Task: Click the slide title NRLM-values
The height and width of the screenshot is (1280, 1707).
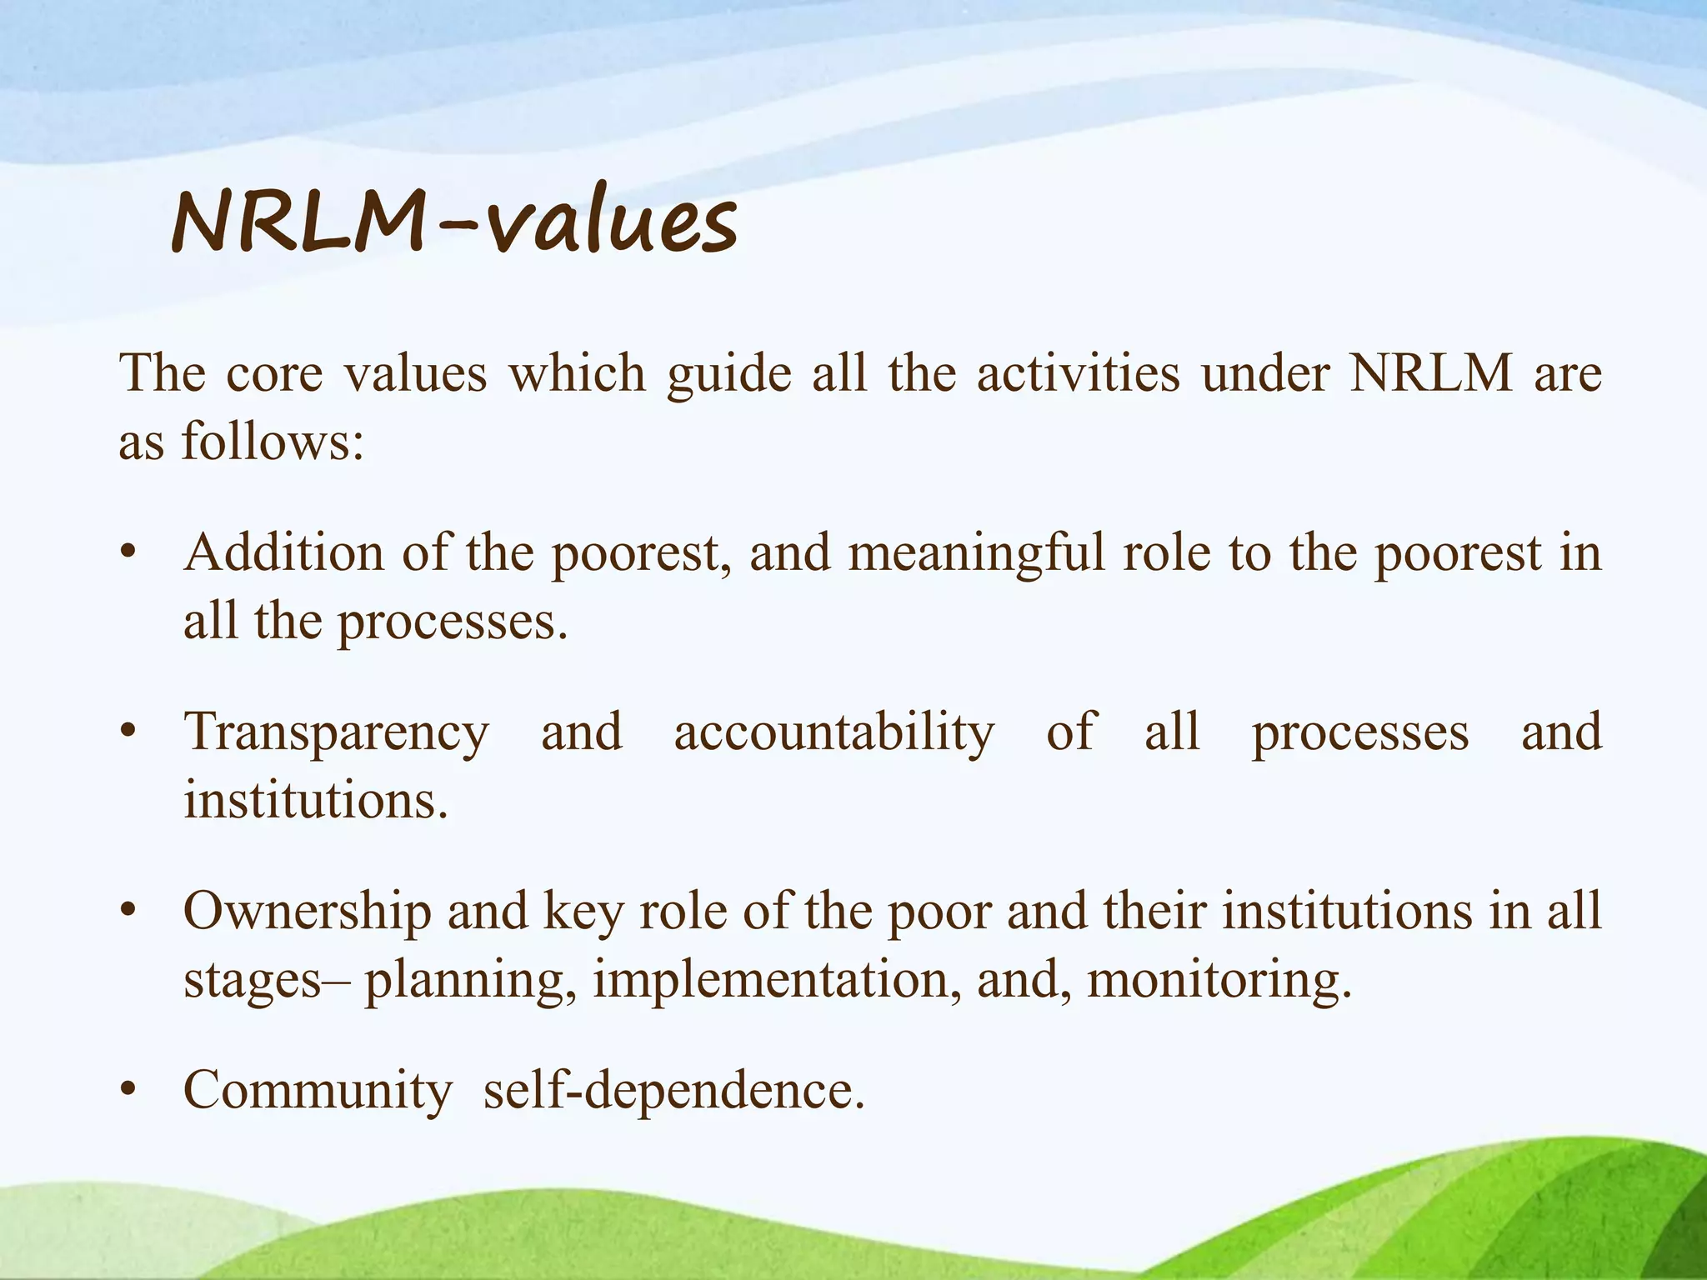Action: pos(454,223)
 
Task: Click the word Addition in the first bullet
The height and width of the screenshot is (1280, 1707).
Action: pos(283,552)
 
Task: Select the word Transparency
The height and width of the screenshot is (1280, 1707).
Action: pos(337,733)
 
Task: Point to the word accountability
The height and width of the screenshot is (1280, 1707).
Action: pos(834,733)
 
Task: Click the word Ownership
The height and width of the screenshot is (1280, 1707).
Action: pos(307,911)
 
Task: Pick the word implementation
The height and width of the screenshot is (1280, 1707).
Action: pos(772,980)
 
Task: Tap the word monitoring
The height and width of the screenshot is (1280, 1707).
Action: pos(1218,980)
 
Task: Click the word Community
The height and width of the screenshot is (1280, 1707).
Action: pos(318,1090)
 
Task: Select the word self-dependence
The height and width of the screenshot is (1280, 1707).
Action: pos(674,1090)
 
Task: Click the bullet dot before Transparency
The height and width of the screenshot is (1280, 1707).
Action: pos(128,732)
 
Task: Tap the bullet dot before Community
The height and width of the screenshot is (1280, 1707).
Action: pos(128,1090)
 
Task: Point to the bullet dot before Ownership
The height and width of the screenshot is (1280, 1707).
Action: pos(128,911)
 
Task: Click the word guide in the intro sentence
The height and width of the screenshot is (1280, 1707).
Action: pos(728,374)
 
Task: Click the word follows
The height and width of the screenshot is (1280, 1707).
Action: pos(273,442)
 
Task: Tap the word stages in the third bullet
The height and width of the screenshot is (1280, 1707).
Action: pos(253,982)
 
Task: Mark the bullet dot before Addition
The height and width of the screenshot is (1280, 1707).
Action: pos(128,553)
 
